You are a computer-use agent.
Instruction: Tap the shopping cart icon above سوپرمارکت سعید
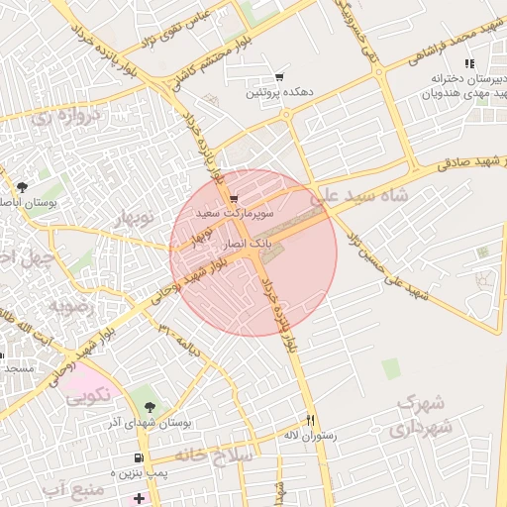pyautogui.click(x=234, y=198)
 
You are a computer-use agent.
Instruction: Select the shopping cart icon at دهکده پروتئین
pyautogui.click(x=280, y=77)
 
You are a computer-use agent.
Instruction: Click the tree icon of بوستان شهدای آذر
pyautogui.click(x=150, y=407)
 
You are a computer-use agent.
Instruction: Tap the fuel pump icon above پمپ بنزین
pyautogui.click(x=138, y=458)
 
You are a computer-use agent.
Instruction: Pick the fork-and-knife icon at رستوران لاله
pyautogui.click(x=311, y=420)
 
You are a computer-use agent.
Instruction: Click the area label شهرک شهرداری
pyautogui.click(x=423, y=416)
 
